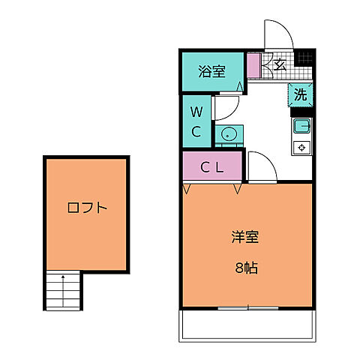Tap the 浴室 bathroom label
click(211, 72)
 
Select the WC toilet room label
click(196, 121)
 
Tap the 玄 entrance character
click(279, 65)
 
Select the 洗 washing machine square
click(300, 94)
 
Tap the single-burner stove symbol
click(301, 146)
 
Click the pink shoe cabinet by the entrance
click(253, 64)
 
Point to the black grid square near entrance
click(303, 58)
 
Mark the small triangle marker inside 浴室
click(239, 87)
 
